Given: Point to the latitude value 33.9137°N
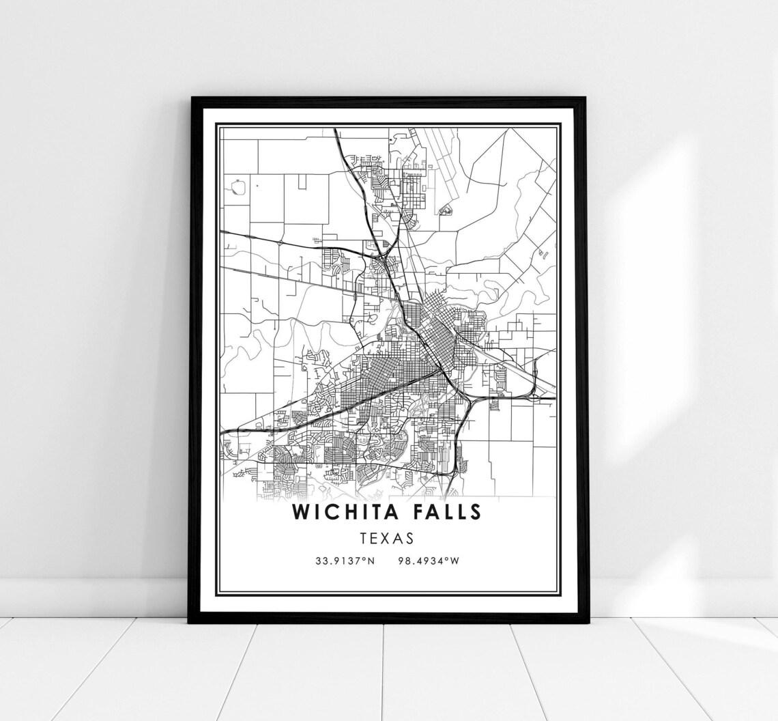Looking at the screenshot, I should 345,561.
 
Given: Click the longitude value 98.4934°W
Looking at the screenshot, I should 431,561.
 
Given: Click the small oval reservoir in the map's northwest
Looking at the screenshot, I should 238,186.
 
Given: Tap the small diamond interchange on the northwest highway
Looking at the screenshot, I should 280,241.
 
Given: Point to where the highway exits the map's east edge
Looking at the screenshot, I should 553,397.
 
